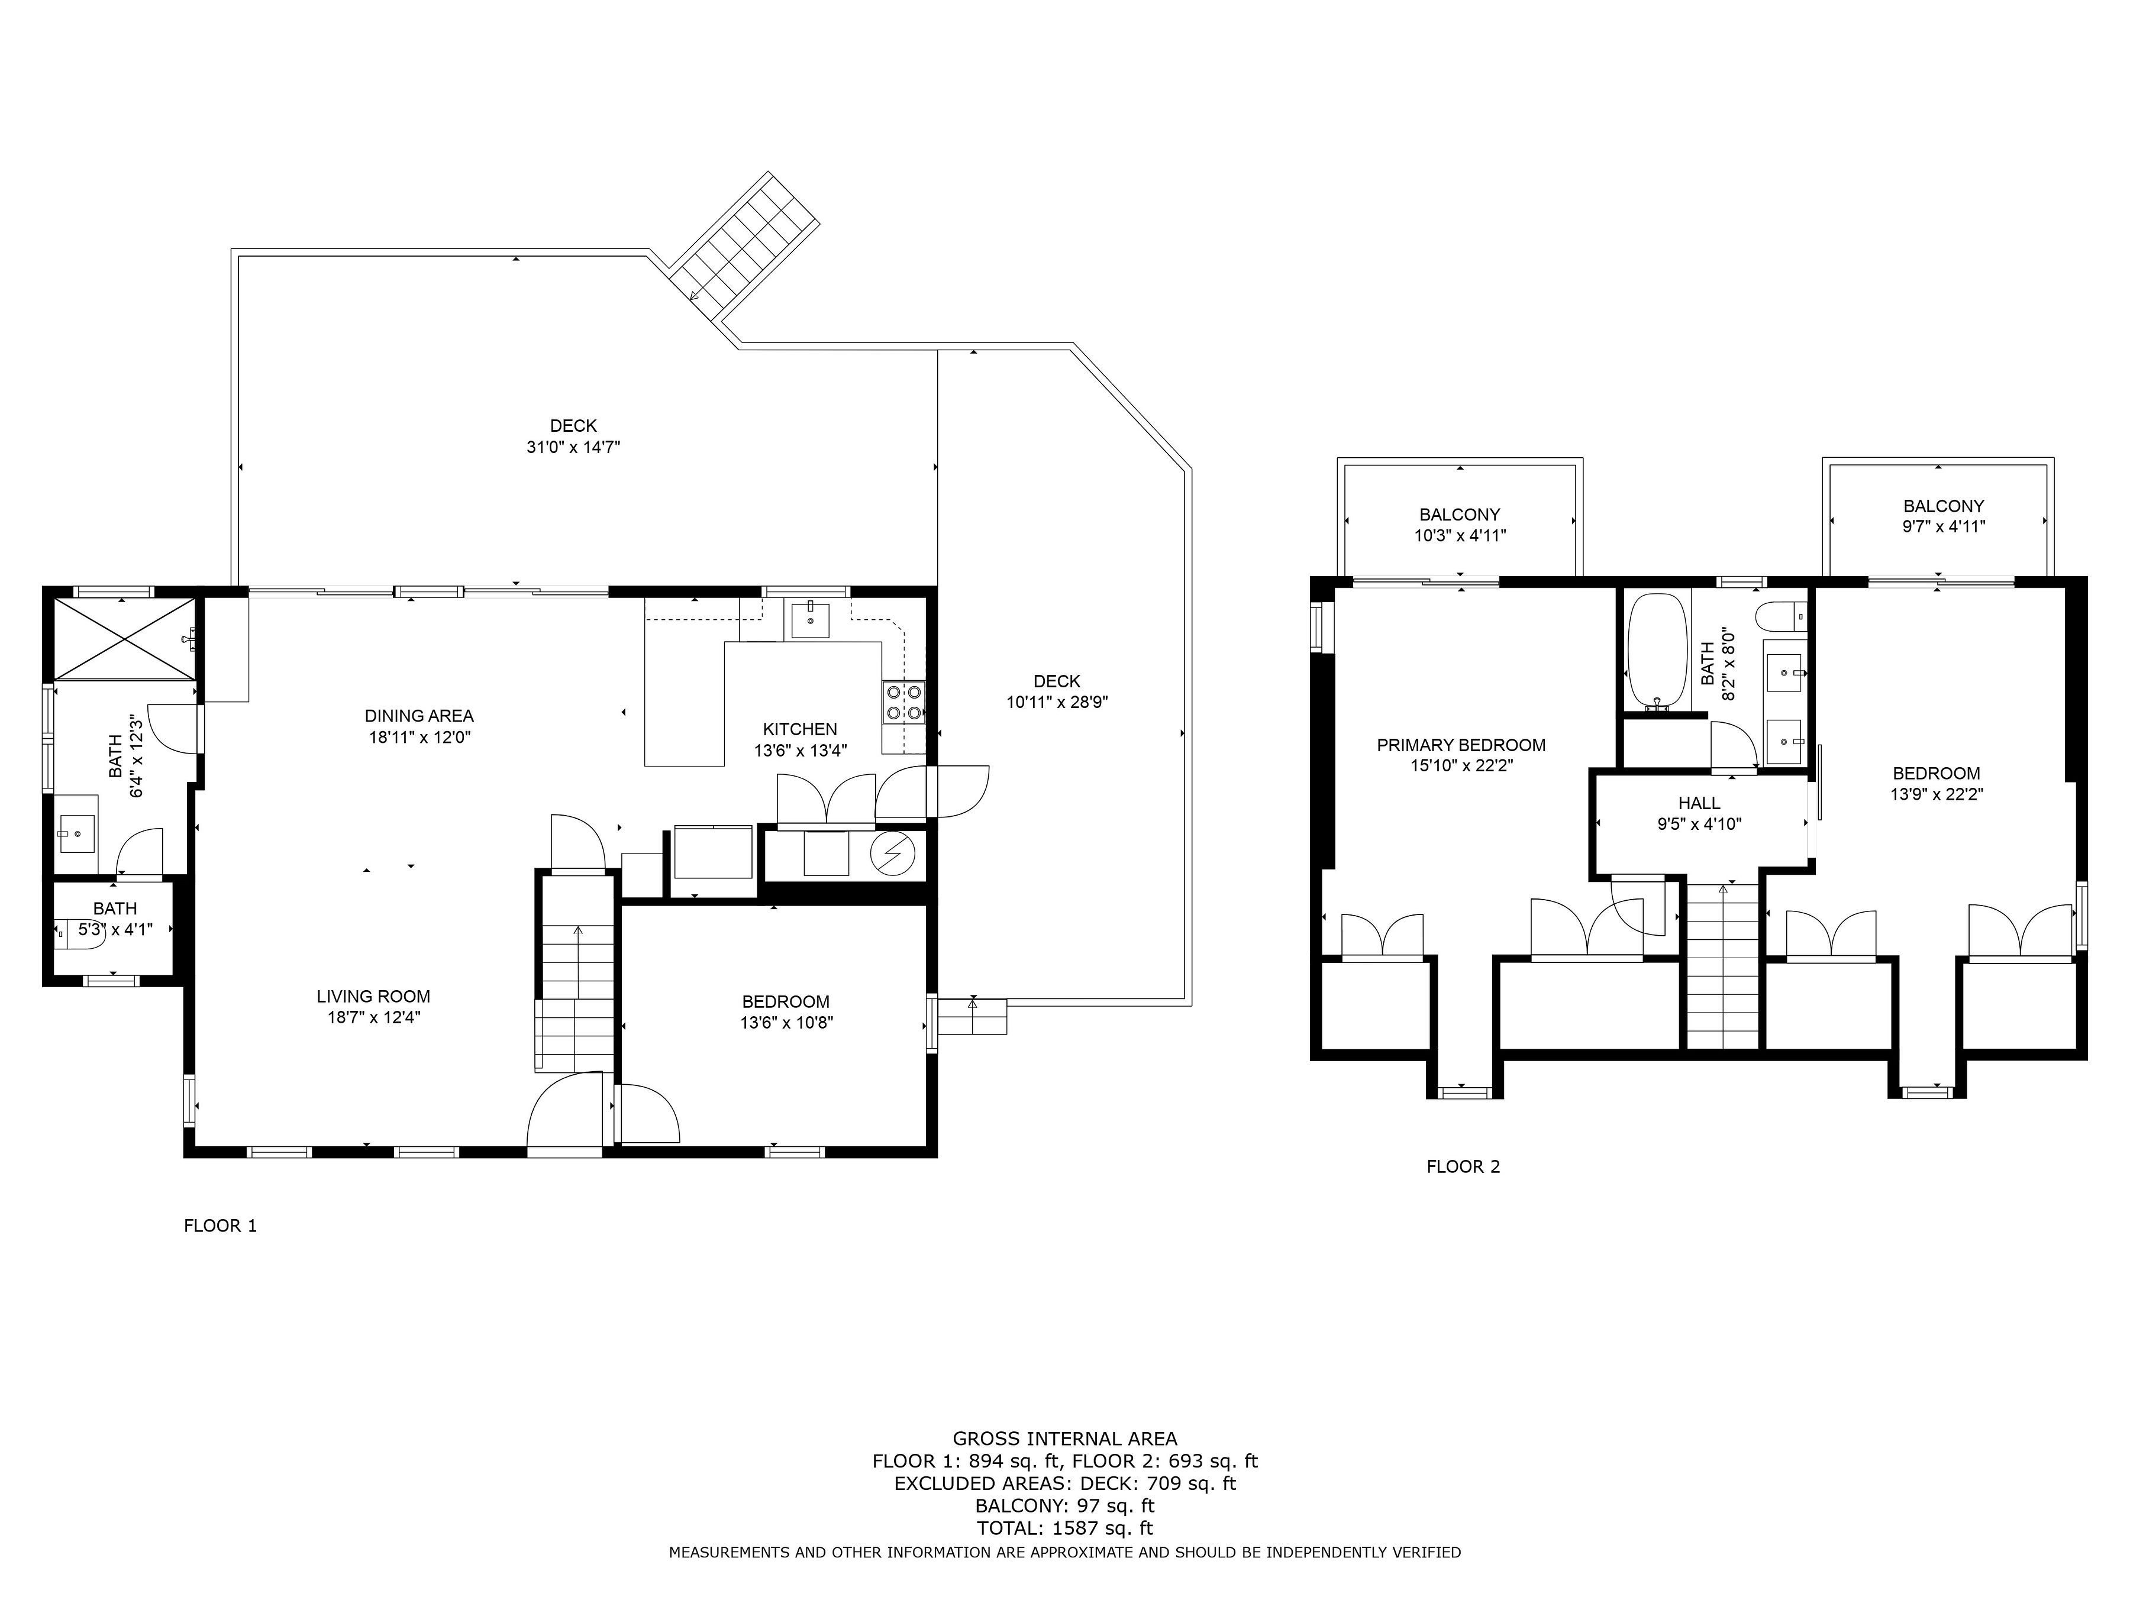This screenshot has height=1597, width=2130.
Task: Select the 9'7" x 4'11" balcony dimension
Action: (x=1943, y=526)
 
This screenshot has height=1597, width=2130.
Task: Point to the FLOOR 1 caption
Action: (x=221, y=1226)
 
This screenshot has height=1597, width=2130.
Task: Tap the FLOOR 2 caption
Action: (x=1463, y=1167)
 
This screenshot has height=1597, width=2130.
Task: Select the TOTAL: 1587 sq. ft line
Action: (x=1065, y=1528)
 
